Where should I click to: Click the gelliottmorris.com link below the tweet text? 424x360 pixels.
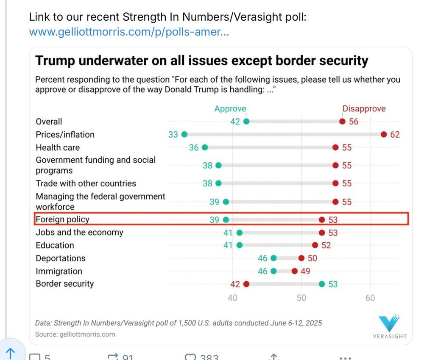129,32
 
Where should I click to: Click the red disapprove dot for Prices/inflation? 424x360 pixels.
384,135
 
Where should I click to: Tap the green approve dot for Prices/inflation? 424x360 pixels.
184,135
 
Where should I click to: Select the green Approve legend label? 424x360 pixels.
230,109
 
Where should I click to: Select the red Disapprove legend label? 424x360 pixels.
364,109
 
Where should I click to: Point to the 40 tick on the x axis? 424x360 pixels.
232,298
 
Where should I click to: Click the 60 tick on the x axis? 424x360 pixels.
370,298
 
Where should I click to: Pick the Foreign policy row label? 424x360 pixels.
62,219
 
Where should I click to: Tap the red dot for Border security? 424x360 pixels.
246,284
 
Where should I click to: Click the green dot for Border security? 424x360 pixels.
322,284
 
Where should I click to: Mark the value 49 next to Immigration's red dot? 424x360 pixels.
305,271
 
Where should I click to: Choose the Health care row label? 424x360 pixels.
58,147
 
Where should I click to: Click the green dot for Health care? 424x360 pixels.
205,147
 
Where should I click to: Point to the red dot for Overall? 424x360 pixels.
342,122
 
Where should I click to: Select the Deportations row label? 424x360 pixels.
60,258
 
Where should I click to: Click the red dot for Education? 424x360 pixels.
315,245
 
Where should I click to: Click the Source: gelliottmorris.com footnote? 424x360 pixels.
75,334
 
